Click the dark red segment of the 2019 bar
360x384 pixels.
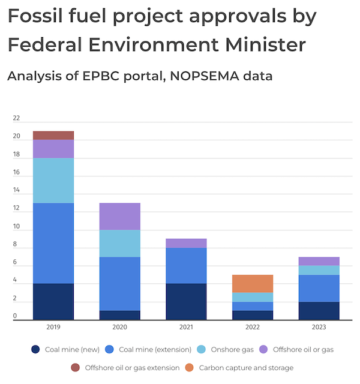pyautogui.click(x=53, y=136)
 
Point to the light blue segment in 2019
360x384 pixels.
pyautogui.click(x=53, y=181)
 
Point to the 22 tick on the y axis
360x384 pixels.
pyautogui.click(x=16, y=118)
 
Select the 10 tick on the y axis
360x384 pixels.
pyautogui.click(x=16, y=227)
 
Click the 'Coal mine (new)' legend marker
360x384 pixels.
pyautogui.click(x=36, y=349)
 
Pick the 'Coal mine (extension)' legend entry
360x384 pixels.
pyautogui.click(x=152, y=349)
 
